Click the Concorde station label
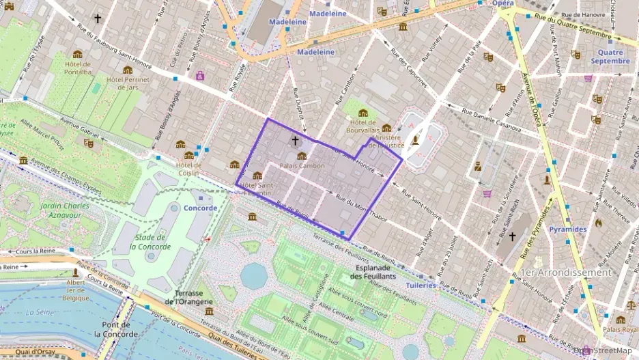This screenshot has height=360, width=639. (x=201, y=208)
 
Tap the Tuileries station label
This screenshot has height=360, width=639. (x=421, y=286)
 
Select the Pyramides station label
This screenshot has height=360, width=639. (x=568, y=230)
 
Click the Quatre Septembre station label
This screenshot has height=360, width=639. (x=610, y=56)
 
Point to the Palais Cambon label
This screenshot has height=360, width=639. (x=302, y=166)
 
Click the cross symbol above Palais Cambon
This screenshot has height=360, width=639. (x=295, y=141)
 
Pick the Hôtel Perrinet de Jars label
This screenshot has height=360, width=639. (x=128, y=83)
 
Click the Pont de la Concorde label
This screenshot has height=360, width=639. (x=116, y=330)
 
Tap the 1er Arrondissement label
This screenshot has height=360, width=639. (x=566, y=272)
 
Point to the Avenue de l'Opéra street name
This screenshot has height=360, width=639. (x=532, y=96)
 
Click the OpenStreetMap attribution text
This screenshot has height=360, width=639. (x=602, y=350)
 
